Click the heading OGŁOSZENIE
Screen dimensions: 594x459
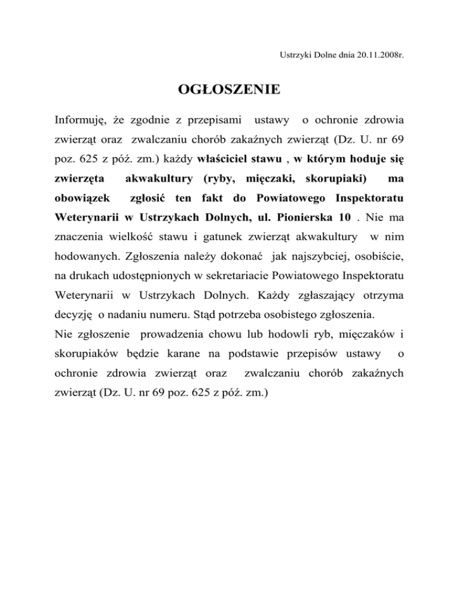coord(229,90)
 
